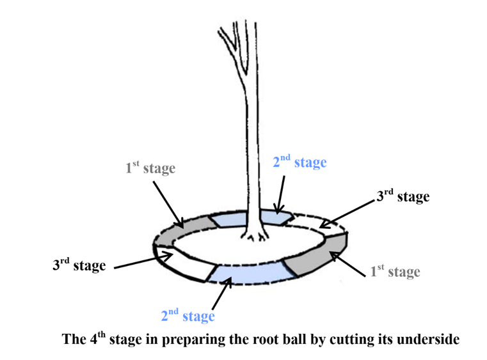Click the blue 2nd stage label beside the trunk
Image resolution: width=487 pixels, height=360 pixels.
click(299, 162)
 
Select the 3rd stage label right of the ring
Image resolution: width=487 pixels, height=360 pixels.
click(402, 196)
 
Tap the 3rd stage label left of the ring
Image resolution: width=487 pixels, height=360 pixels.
click(79, 265)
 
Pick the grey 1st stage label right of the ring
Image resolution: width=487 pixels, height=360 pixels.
click(395, 272)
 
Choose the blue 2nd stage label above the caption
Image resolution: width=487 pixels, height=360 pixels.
click(188, 315)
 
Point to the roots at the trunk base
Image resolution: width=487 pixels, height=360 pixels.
click(256, 238)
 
